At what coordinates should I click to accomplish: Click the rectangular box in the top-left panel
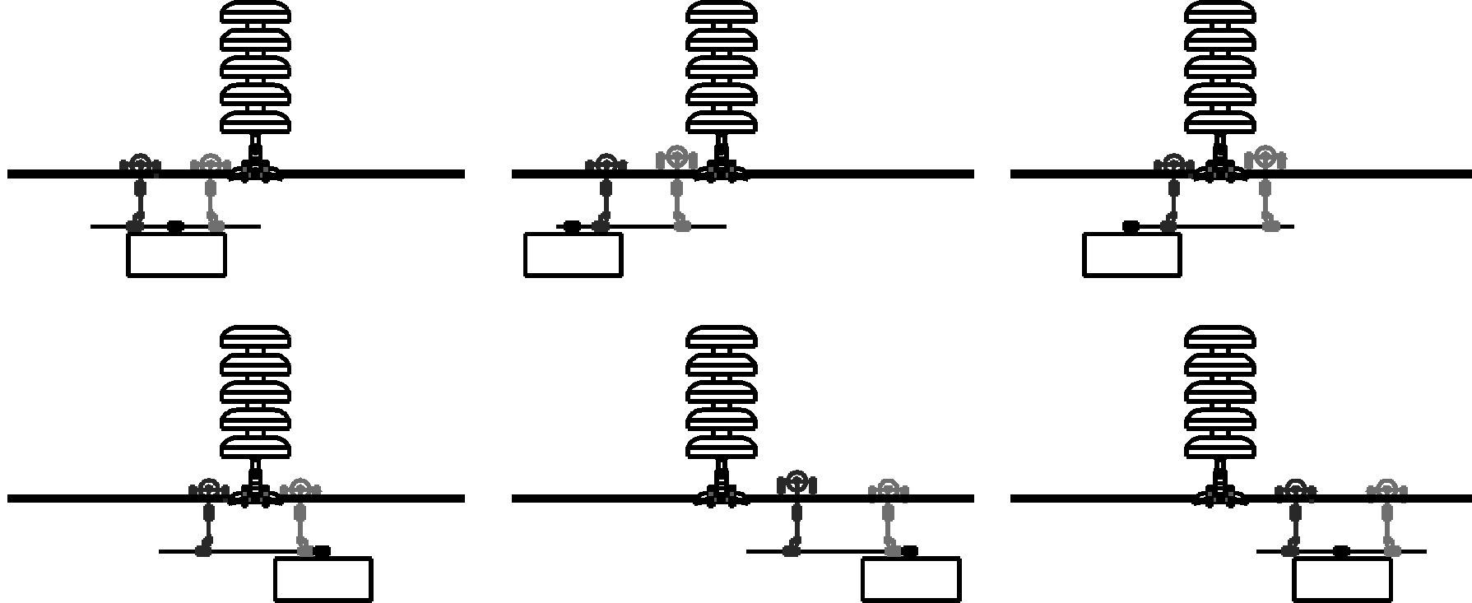pyautogui.click(x=176, y=255)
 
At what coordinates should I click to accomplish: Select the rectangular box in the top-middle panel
pyautogui.click(x=573, y=255)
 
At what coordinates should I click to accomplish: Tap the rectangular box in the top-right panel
pyautogui.click(x=1132, y=255)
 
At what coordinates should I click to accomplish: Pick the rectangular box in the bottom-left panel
pyautogui.click(x=323, y=579)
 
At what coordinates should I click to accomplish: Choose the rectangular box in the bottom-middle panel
pyautogui.click(x=911, y=579)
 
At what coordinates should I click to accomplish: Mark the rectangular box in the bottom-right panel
pyautogui.click(x=1342, y=579)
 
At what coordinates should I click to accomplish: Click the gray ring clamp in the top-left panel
pyautogui.click(x=211, y=163)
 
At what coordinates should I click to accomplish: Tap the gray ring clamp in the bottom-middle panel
pyautogui.click(x=889, y=490)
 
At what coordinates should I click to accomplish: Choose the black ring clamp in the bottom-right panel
pyautogui.click(x=1296, y=490)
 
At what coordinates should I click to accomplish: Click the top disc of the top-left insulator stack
pyautogui.click(x=256, y=12)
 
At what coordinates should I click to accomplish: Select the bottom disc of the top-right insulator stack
pyautogui.click(x=1220, y=122)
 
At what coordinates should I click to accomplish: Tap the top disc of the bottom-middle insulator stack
pyautogui.click(x=722, y=336)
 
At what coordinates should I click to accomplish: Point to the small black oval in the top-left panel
pyautogui.click(x=175, y=226)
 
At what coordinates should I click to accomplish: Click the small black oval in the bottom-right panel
pyautogui.click(x=1341, y=551)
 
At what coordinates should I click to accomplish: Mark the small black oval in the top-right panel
pyautogui.click(x=1131, y=226)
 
